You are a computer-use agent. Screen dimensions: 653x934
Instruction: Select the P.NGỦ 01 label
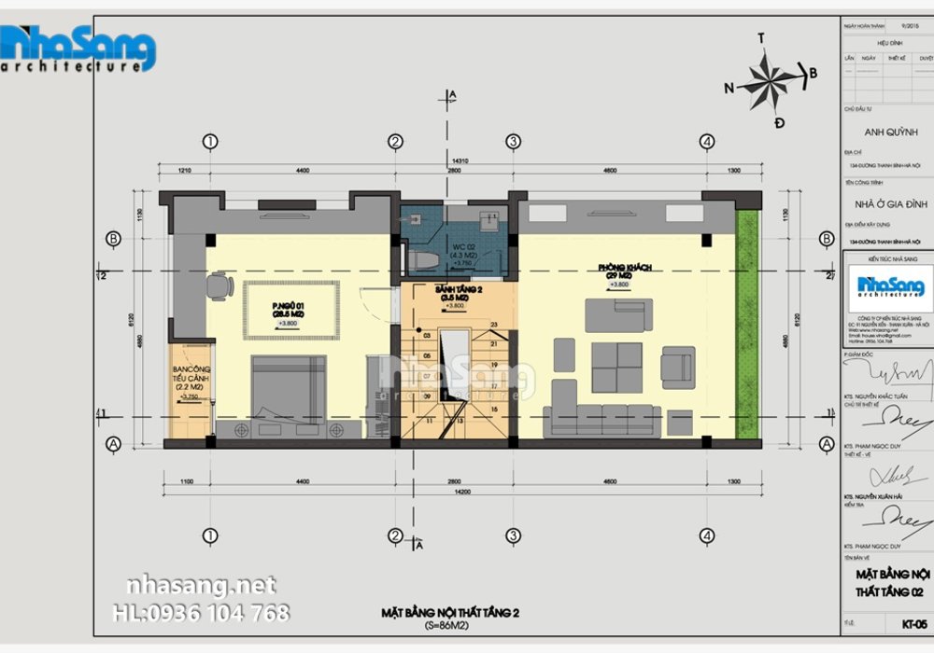click(x=290, y=309)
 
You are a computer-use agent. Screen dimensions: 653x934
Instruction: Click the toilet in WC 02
click(x=421, y=259)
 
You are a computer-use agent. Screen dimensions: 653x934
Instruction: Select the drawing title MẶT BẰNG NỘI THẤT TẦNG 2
click(x=450, y=612)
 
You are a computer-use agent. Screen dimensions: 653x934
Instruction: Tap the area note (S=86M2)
click(x=450, y=625)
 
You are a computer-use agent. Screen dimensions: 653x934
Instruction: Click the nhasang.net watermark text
click(x=201, y=586)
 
